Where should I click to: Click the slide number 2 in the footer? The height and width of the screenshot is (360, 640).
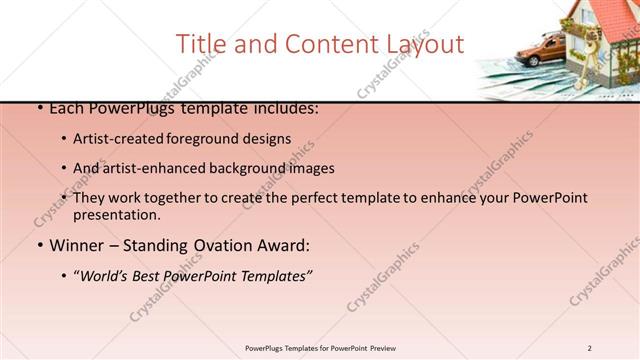[590, 348]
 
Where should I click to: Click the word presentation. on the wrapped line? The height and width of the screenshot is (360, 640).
[116, 214]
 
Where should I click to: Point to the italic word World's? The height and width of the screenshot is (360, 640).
[106, 275]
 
